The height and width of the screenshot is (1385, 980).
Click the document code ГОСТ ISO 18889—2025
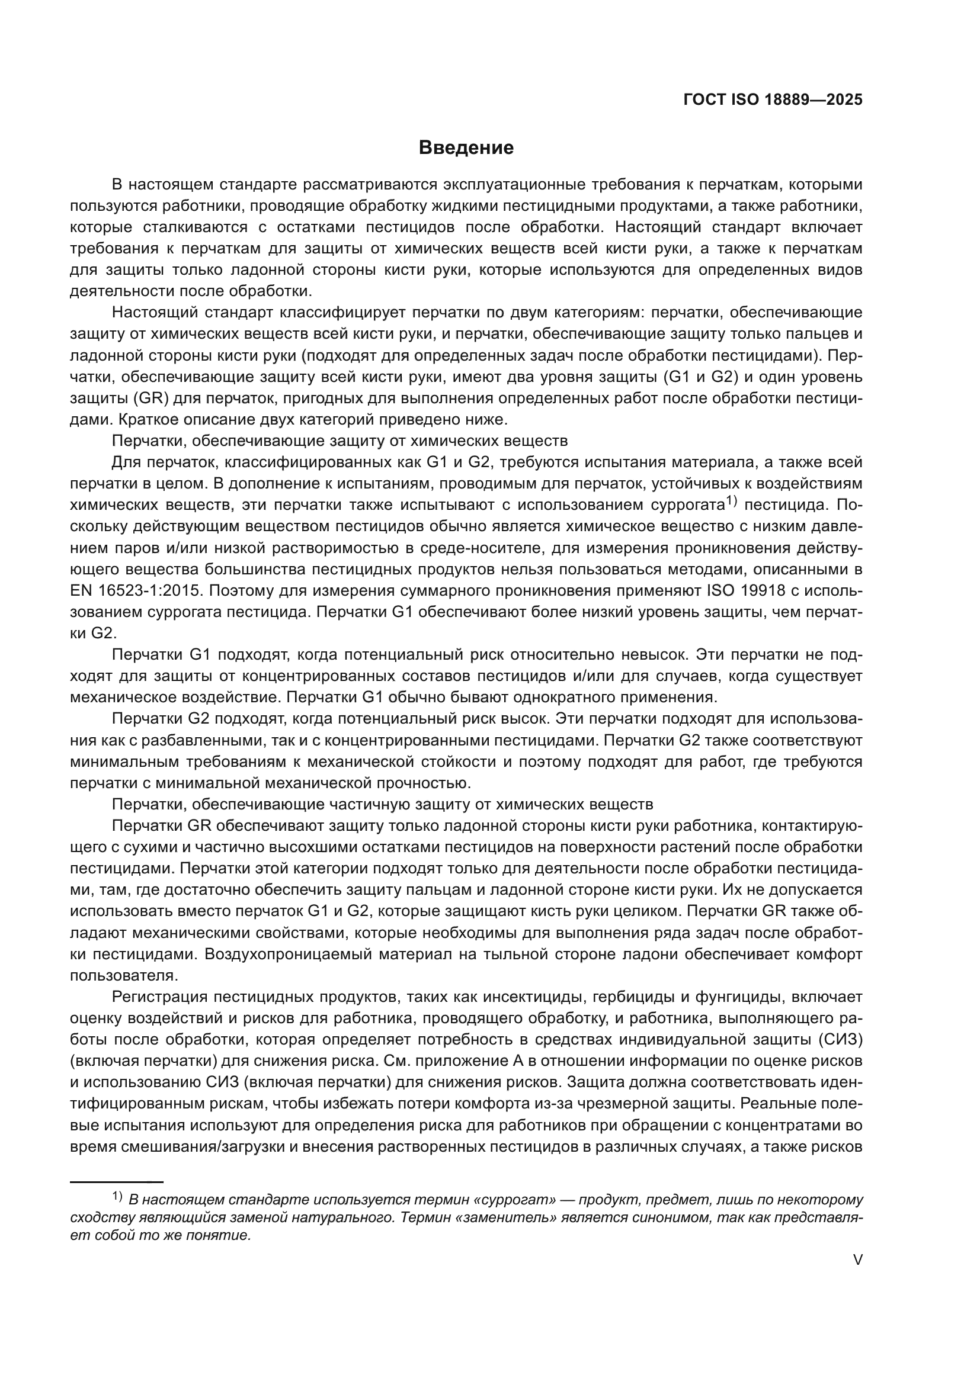[x=773, y=99]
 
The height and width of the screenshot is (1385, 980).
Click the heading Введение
[x=466, y=148]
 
